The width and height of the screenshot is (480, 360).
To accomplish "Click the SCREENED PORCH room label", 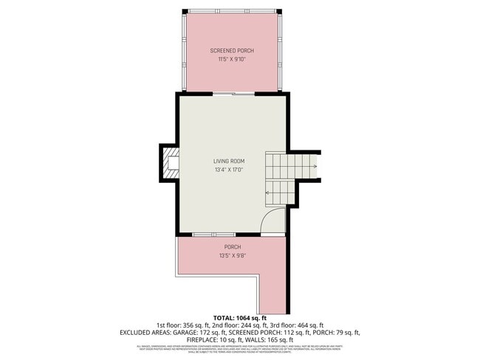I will pos(231,50).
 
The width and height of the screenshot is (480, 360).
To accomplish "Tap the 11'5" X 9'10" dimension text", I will pos(231,59).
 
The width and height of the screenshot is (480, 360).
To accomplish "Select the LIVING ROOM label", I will pos(229,161).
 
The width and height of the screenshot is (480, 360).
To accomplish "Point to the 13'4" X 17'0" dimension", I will pos(229,170).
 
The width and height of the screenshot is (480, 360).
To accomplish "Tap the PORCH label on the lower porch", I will pos(232,246).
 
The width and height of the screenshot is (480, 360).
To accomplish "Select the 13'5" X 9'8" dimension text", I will pos(232,255).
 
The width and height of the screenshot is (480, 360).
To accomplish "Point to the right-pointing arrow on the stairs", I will pos(314,167).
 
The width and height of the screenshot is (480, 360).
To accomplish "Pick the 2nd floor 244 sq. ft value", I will pos(244,325).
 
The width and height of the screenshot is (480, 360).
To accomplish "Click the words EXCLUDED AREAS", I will pos(145,333).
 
